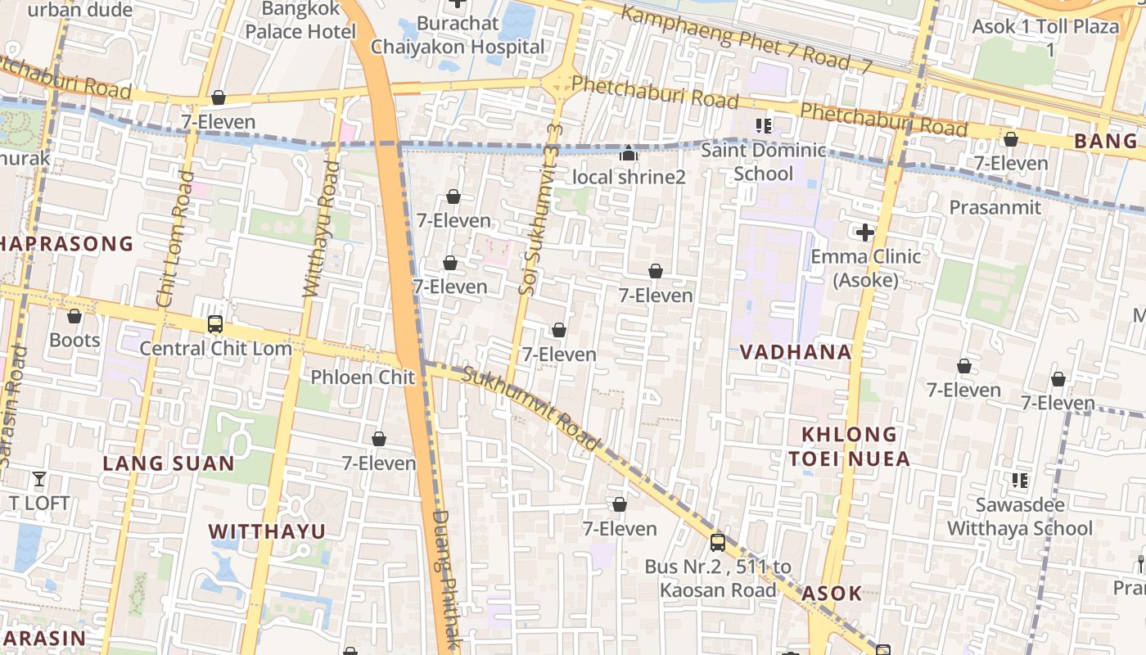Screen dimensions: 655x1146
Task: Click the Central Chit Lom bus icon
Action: click(214, 324)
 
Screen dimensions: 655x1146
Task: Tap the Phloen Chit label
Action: click(363, 377)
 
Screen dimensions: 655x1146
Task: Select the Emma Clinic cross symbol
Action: click(864, 233)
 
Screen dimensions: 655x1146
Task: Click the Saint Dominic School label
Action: click(763, 162)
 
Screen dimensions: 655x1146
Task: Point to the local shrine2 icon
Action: click(628, 153)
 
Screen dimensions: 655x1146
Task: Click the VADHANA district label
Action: click(796, 352)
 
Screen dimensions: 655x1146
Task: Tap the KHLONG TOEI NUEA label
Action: click(849, 446)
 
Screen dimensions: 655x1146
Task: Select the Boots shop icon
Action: click(74, 316)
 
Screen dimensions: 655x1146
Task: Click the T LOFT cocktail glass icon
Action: click(38, 479)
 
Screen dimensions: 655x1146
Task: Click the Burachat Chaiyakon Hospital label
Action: click(458, 34)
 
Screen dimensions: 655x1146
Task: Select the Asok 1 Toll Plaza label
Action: click(1045, 37)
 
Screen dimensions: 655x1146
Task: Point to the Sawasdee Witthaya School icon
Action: click(1019, 481)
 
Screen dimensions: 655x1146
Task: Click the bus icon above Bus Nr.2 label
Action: click(717, 542)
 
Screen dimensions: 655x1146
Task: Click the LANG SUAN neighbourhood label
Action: click(169, 463)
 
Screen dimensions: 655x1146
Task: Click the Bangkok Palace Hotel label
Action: click(300, 21)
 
